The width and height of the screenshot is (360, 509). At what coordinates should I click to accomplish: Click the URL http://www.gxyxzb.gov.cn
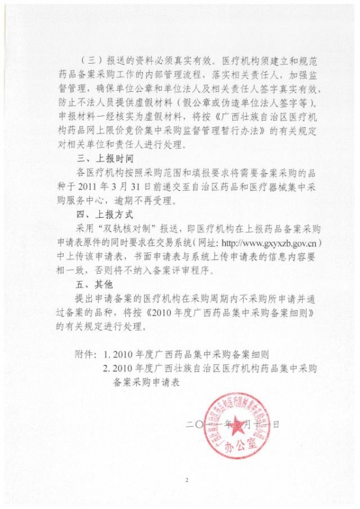tap(266, 242)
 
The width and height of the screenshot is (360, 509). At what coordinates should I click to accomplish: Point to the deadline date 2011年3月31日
tap(112, 186)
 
